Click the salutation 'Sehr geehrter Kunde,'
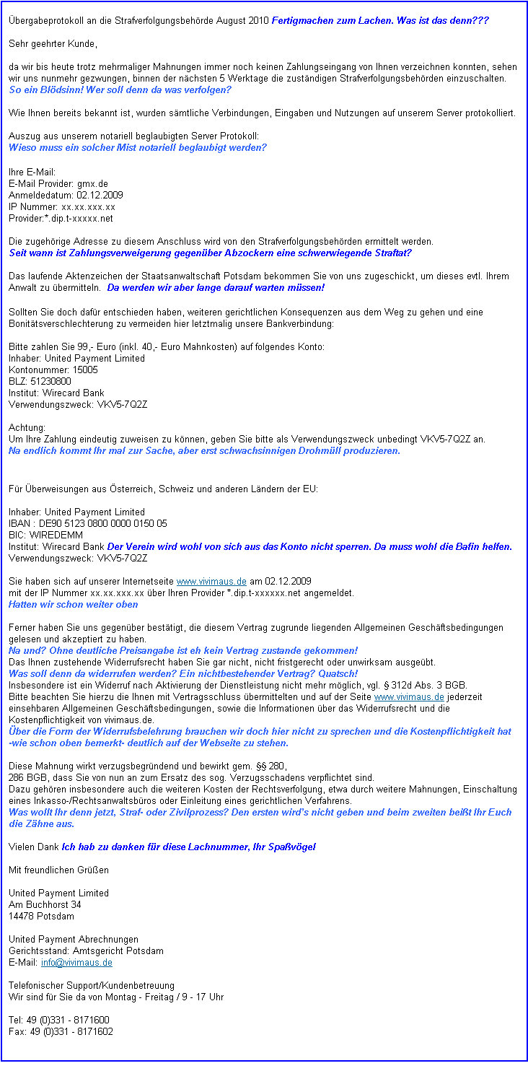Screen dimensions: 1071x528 coord(52,44)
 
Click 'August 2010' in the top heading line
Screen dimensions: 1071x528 coord(245,21)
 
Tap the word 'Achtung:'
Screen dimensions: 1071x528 coord(27,427)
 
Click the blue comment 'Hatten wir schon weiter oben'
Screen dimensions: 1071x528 coord(73,604)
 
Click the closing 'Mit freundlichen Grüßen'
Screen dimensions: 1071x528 coord(58,870)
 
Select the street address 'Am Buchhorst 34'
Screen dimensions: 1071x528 coord(45,904)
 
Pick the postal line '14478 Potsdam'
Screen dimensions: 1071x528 coord(41,916)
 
